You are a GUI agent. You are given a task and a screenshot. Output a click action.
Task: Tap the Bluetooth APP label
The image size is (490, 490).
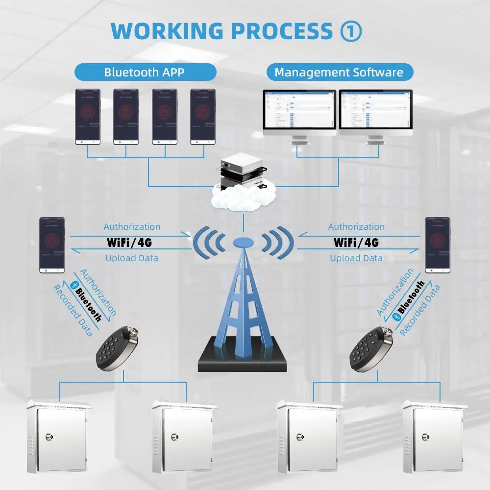145,73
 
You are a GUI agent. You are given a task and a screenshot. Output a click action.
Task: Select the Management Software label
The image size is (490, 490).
339,73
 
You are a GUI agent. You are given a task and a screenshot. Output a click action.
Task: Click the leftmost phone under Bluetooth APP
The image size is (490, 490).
87,116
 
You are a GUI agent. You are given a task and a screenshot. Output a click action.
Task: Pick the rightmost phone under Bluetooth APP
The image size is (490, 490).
203,116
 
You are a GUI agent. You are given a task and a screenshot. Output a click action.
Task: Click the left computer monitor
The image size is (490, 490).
299,113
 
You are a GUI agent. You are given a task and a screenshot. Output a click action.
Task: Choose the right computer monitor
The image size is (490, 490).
376,113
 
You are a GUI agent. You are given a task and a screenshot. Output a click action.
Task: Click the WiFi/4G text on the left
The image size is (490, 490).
132,242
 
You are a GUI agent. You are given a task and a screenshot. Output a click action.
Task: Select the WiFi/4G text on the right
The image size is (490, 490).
356,242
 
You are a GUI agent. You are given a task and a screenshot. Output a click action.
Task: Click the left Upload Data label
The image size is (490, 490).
132,258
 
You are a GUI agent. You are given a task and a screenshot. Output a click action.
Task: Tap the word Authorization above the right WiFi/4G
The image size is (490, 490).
356,227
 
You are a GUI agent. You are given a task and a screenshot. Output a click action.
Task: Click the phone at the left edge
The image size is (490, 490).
52,245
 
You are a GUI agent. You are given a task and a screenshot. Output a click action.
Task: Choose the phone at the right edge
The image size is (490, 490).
437,245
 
